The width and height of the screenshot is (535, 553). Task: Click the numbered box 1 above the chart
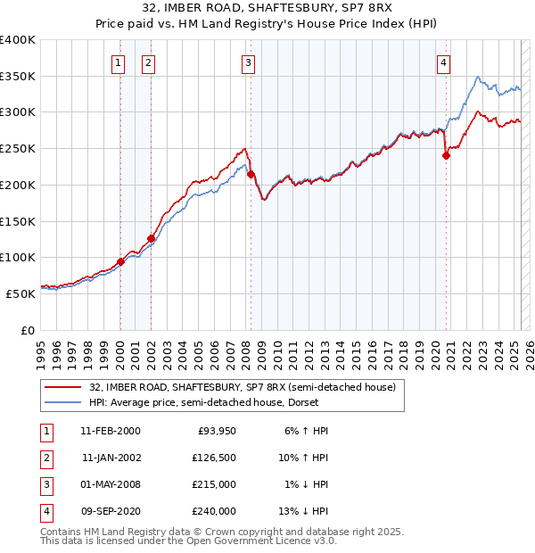click(x=119, y=62)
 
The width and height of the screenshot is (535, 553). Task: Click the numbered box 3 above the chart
click(x=248, y=62)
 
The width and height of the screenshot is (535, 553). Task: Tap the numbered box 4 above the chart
click(x=443, y=62)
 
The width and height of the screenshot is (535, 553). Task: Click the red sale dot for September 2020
click(x=447, y=155)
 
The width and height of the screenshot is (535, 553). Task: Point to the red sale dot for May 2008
click(x=251, y=174)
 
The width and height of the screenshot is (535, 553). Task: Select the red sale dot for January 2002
click(x=152, y=238)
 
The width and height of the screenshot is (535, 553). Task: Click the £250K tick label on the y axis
click(x=18, y=148)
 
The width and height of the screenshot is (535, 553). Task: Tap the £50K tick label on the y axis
click(x=21, y=293)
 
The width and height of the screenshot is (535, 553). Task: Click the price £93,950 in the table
click(x=215, y=431)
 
